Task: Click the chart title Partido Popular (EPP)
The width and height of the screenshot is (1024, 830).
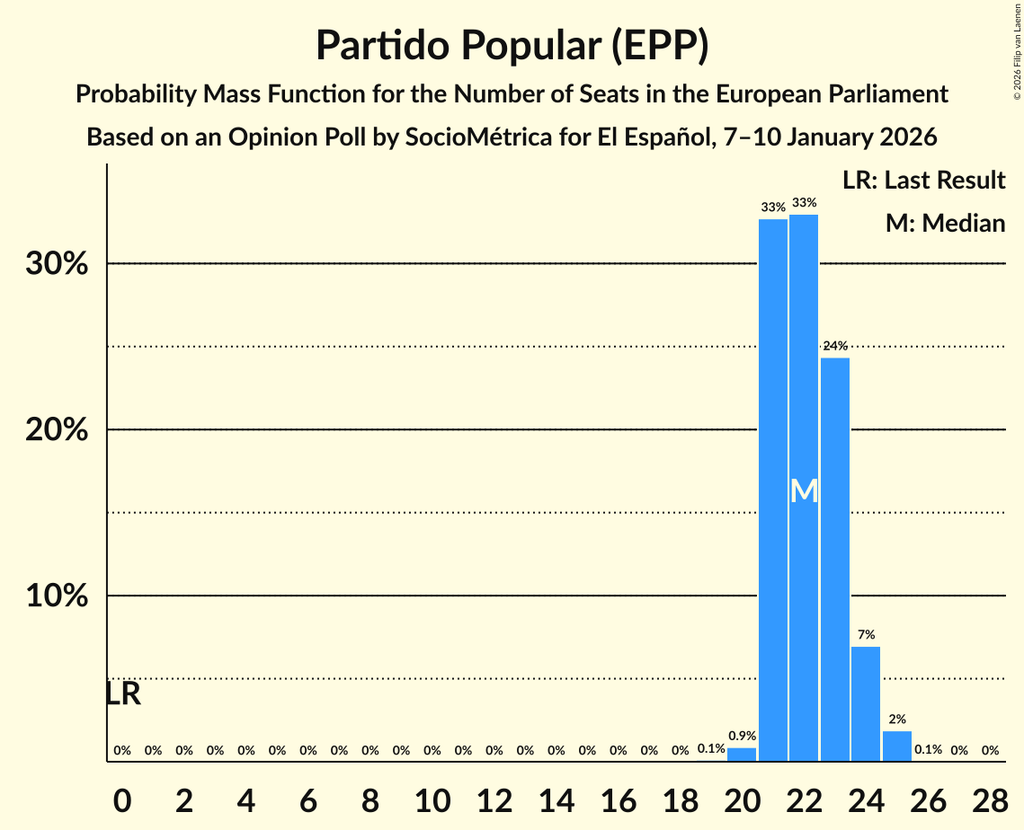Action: pos(512,45)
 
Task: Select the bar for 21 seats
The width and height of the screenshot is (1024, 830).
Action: pos(773,490)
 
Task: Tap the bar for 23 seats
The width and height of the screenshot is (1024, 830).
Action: pos(835,559)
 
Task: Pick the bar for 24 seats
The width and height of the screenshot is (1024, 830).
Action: pos(866,703)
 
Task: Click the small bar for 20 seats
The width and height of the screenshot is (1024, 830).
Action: pos(742,755)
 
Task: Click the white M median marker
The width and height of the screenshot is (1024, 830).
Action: pos(804,491)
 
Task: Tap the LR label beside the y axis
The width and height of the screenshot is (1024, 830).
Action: pos(123,693)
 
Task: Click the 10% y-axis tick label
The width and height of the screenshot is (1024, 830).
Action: pos(57,596)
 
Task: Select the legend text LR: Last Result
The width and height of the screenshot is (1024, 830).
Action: pos(923,181)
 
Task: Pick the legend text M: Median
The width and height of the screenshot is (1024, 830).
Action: pos(945,223)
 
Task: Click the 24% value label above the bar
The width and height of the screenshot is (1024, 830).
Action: pos(835,346)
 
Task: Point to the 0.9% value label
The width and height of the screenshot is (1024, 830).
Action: pos(742,737)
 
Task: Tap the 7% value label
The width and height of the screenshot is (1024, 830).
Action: pos(866,635)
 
